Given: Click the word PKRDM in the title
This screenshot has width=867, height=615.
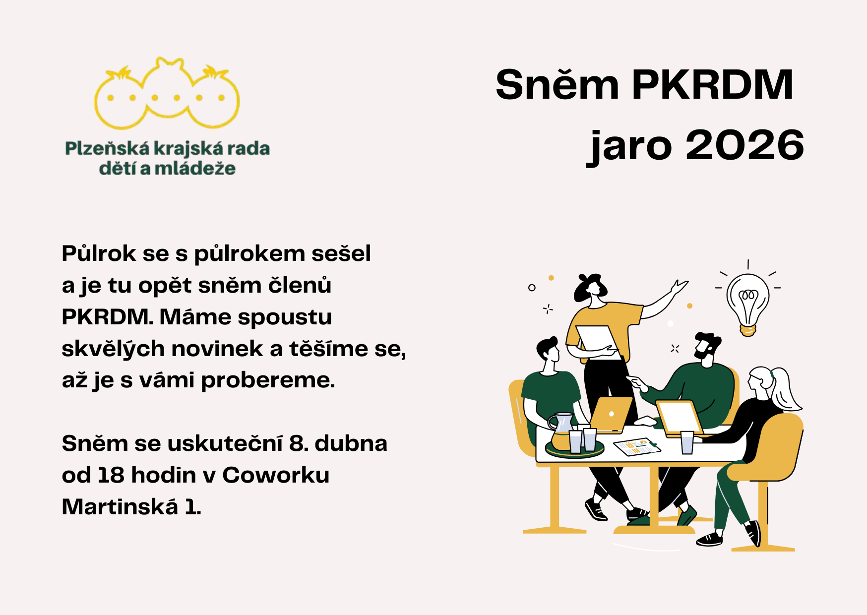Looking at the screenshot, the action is coord(712,84).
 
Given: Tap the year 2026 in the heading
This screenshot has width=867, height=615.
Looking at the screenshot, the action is coord(744,145).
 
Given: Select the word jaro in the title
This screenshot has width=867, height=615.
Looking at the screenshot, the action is coord(629,147).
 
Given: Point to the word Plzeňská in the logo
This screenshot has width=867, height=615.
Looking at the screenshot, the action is coord(107,149).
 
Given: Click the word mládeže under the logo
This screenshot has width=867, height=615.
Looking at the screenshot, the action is coord(195,169).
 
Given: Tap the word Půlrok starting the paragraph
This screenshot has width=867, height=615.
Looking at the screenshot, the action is coord(99,254).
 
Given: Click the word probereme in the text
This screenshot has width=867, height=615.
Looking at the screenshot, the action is coord(268,381).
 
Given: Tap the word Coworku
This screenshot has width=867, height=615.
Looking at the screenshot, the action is coord(276,475).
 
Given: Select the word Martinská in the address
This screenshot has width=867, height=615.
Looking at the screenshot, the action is coord(120,507).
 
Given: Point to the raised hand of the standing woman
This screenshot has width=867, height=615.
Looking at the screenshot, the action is coord(679,287).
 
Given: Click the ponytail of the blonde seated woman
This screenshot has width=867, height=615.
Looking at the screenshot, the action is coord(786,389).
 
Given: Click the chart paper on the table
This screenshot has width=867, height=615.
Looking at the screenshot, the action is coord(637,446).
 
